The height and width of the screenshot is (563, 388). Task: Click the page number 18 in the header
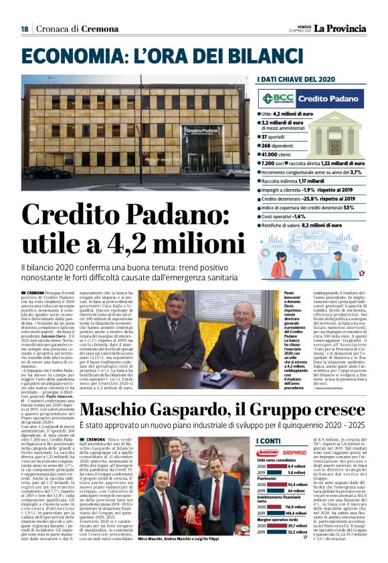(x=25, y=29)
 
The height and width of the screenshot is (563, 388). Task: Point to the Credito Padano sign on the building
(x=201, y=130)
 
